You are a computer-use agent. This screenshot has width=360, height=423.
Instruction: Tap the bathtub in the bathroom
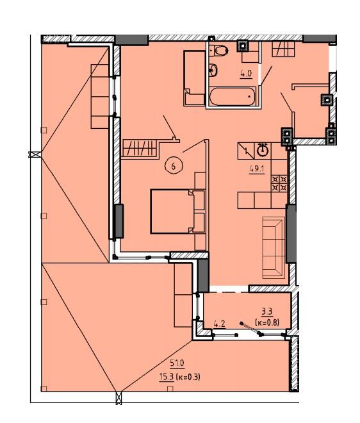tap(233, 97)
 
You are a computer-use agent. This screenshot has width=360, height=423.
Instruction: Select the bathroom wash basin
tap(213, 70)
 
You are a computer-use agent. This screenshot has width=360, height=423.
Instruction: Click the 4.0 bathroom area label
tap(246, 73)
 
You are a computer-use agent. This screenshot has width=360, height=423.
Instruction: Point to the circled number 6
tap(173, 166)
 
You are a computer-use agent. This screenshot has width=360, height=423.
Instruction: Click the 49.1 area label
tap(257, 169)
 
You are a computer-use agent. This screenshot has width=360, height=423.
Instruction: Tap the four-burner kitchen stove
tap(279, 183)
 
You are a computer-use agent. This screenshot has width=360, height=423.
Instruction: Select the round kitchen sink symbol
tap(263, 151)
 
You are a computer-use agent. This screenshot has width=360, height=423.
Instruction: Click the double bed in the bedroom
tap(178, 211)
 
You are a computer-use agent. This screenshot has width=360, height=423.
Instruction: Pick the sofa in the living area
tap(274, 247)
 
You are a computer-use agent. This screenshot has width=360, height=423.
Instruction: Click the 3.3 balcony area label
tap(266, 312)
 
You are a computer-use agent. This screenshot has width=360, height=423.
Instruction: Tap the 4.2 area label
tap(220, 324)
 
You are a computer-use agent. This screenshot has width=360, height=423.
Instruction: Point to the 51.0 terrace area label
tap(177, 363)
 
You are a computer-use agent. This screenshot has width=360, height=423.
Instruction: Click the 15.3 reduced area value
tap(167, 377)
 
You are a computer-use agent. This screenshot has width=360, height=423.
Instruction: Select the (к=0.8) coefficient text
tap(266, 322)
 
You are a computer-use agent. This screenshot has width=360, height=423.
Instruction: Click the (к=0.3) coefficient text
tap(188, 377)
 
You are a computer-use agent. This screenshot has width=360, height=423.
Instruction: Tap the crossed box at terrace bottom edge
tap(119, 399)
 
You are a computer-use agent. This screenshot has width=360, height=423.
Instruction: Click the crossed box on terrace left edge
tap(35, 154)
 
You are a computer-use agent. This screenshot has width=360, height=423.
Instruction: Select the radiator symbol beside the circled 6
tap(140, 148)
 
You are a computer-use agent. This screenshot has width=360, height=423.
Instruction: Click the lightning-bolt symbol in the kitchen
tap(246, 151)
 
